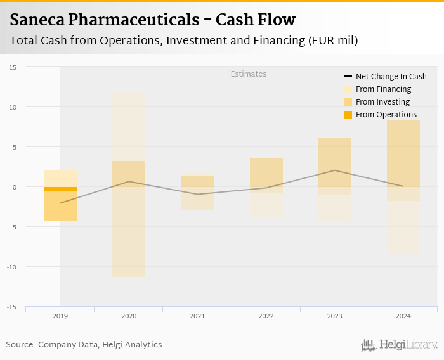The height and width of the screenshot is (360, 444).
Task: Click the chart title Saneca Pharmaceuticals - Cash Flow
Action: pyautogui.click(x=152, y=20)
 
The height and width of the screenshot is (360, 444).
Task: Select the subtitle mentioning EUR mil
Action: pyautogui.click(x=184, y=41)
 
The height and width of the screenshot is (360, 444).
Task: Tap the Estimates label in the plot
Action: pyautogui.click(x=248, y=74)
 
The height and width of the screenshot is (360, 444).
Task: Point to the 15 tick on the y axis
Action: pyautogui.click(x=13, y=67)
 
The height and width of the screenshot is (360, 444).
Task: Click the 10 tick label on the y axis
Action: pyautogui.click(x=13, y=106)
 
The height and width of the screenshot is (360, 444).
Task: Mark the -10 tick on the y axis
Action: pyautogui.click(x=11, y=267)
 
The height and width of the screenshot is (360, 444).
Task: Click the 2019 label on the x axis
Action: pyautogui.click(x=60, y=316)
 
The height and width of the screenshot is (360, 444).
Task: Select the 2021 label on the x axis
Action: pyautogui.click(x=197, y=316)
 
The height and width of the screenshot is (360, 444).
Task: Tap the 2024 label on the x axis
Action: pyautogui.click(x=403, y=316)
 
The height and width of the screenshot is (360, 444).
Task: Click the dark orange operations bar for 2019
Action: pyautogui.click(x=60, y=189)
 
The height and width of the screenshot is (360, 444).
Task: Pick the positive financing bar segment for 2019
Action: pyautogui.click(x=60, y=178)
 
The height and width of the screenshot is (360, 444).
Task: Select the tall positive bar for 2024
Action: pyautogui.click(x=403, y=153)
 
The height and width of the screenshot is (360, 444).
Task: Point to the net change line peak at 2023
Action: pyautogui.click(x=335, y=170)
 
